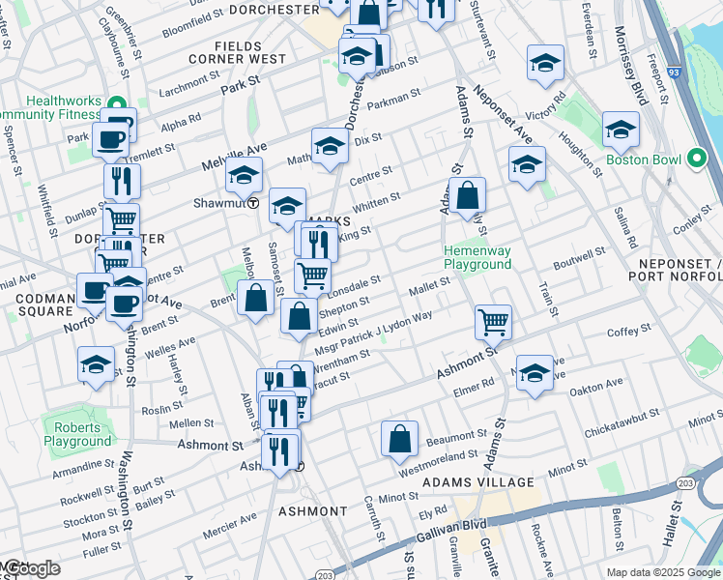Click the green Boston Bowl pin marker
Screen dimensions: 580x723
(696, 159)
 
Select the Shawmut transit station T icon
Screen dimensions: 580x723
(252, 203)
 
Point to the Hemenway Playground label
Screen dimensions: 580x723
(477, 257)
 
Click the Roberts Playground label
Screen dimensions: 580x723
(76, 434)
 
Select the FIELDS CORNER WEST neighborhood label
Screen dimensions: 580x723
(250, 59)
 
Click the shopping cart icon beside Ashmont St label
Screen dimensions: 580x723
(493, 321)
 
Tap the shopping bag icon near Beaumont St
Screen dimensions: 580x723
(399, 440)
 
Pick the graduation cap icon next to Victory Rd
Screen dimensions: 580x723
(545, 65)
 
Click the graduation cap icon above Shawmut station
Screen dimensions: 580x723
(245, 175)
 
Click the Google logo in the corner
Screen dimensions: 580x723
(31, 568)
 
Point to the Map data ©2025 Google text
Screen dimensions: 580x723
(662, 572)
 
